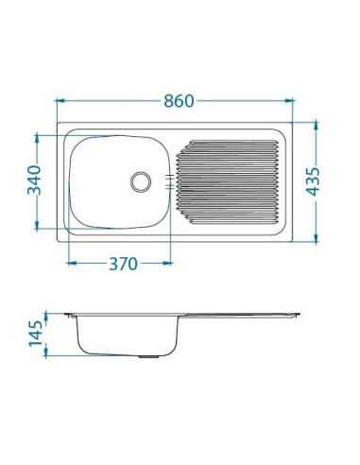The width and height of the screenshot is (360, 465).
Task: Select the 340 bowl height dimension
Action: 35,180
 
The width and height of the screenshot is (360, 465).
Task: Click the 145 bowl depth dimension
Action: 35,334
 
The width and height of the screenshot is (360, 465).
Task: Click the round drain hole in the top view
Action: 141,179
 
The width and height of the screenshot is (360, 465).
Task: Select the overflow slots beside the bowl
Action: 170,180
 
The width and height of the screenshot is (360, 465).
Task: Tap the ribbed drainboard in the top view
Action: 230,181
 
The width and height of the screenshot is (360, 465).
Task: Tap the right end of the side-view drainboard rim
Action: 297,315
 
